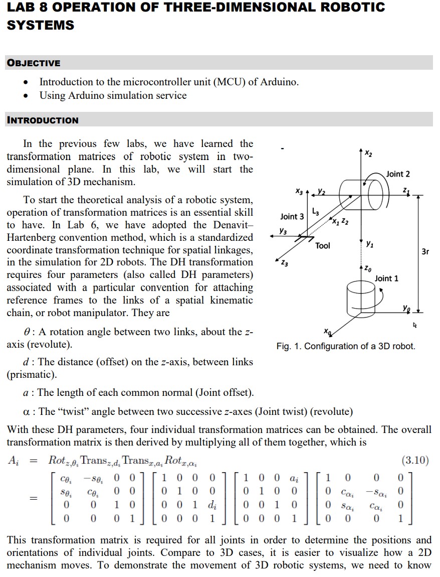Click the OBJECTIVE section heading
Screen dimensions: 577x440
[x=34, y=63]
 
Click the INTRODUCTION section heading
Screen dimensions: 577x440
[x=43, y=120]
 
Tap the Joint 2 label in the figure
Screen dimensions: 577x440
[x=397, y=174]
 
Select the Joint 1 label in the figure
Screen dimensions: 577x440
[x=386, y=278]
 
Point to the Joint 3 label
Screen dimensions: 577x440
[x=292, y=216]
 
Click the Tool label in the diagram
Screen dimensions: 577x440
[x=323, y=245]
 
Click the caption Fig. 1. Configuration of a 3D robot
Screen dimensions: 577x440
[x=345, y=346]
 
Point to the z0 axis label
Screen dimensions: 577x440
[x=368, y=270]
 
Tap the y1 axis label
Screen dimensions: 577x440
[x=369, y=244]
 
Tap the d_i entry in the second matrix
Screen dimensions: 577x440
[x=212, y=504]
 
